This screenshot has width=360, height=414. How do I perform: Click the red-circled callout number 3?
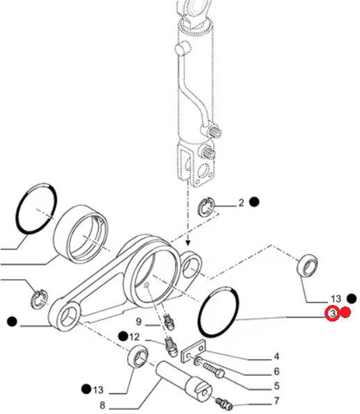click(x=332, y=313)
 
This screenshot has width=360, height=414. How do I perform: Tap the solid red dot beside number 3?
click(x=345, y=313)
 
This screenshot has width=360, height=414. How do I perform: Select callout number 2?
click(x=241, y=203)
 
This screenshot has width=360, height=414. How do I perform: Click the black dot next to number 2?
click(x=254, y=202)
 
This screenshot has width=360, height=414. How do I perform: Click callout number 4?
click(x=277, y=356)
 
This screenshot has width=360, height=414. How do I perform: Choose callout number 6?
click(x=277, y=372)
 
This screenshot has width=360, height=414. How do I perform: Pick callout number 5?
click(x=277, y=386)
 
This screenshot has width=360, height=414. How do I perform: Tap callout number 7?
click(x=277, y=401)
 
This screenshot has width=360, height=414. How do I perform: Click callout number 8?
click(x=102, y=405)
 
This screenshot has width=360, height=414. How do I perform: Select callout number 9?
click(x=139, y=322)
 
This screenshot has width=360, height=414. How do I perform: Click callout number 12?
click(x=134, y=337)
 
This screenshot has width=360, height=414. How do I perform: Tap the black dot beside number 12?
click(x=123, y=336)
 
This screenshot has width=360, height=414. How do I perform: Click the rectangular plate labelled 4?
click(x=193, y=351)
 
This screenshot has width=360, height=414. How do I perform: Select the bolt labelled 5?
click(x=213, y=370)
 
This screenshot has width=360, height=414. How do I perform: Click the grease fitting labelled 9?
click(x=168, y=322)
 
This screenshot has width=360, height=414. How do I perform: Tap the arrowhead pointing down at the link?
click(x=188, y=242)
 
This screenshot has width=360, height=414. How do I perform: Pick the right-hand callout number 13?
click(x=336, y=299)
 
